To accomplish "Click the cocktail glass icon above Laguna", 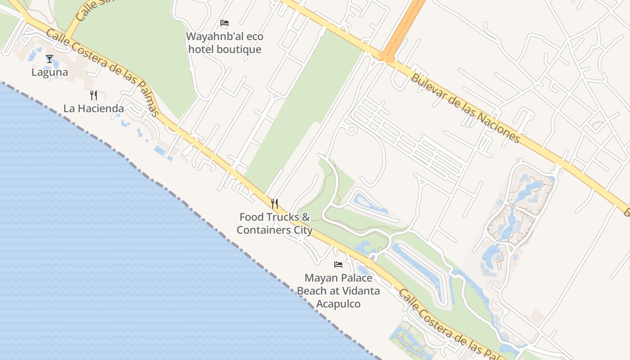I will pos(49,59).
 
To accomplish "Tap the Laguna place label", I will pos(50,72).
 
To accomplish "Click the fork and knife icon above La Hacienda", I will pos(94,95).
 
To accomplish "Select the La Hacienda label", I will pos(94,108).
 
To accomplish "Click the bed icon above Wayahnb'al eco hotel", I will pos(225,23).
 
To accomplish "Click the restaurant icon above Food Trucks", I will pos(274,204).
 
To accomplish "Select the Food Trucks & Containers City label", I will pos(274,223).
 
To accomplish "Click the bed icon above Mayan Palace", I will pos(338,265).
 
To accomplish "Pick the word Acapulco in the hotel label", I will pos(338,304).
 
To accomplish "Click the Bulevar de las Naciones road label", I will pos(465,108).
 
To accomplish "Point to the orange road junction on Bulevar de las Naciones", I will pos(387,57).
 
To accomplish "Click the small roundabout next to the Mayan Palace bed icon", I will pos(373,257).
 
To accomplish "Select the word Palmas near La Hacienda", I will pos(146,99).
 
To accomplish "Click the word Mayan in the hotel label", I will pos(320,278).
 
